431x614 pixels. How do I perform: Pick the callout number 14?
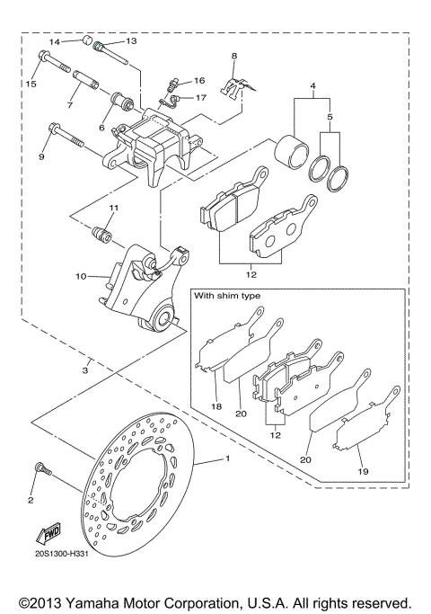(54, 41)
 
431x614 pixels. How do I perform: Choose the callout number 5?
(331, 117)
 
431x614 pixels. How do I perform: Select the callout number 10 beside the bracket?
(81, 276)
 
